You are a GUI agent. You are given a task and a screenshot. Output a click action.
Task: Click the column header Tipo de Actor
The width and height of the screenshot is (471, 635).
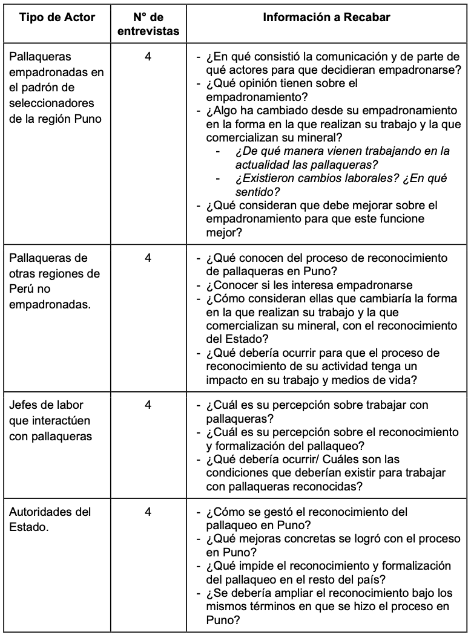pyautogui.click(x=58, y=18)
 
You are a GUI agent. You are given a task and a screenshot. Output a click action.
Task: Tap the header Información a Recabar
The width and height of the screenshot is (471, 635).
pyautogui.click(x=327, y=18)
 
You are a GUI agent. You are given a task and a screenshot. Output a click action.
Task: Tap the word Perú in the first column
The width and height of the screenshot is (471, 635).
pyautogui.click(x=21, y=290)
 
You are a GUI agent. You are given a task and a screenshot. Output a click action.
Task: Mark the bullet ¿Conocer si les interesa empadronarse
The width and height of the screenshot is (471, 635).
pyautogui.click(x=309, y=285)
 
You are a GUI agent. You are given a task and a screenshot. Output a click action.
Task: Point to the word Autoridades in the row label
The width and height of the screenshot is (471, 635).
pyautogui.click(x=41, y=512)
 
